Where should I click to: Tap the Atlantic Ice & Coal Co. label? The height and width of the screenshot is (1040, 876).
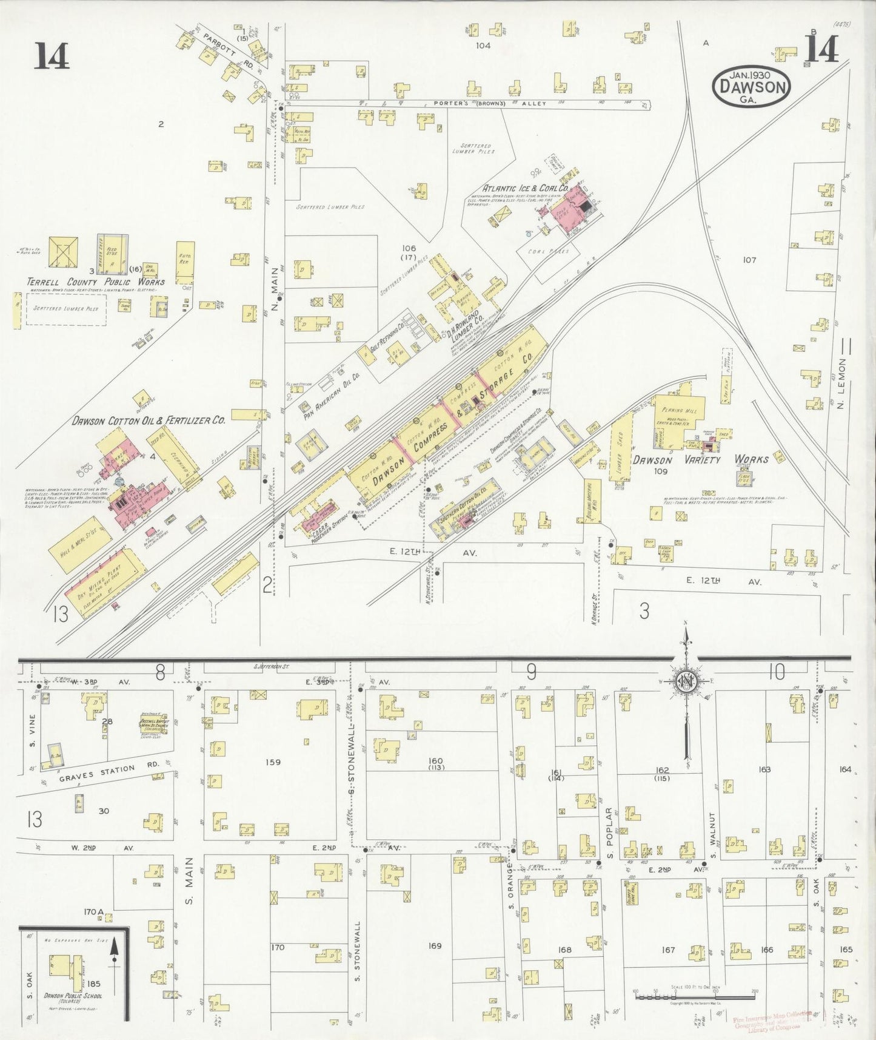525,188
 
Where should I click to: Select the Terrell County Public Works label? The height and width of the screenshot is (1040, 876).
95,282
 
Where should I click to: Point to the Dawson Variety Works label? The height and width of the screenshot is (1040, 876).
700,459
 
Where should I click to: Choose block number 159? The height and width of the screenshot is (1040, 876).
273,762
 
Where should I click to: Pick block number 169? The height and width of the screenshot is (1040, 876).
435,945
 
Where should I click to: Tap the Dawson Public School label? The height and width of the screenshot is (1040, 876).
72,996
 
